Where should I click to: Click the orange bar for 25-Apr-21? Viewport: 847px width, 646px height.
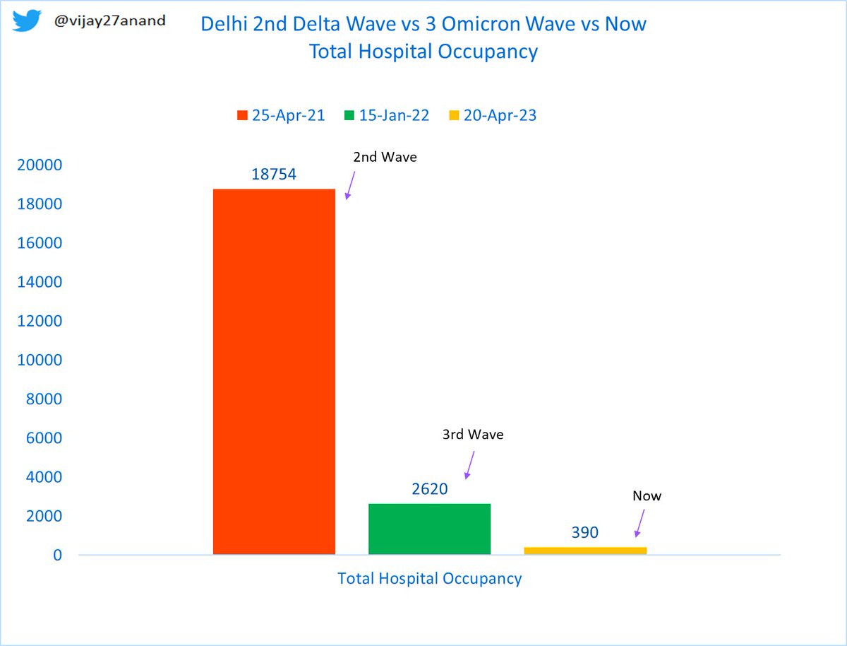[x=274, y=372]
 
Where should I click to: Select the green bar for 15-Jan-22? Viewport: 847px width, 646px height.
[x=429, y=529]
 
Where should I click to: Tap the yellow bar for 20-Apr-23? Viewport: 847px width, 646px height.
[x=585, y=551]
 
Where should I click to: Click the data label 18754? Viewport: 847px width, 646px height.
[x=274, y=175]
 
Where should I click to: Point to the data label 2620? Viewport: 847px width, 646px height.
[x=429, y=489]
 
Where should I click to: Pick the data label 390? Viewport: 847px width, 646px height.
[x=585, y=533]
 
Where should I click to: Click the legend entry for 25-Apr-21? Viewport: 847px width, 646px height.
[x=281, y=116]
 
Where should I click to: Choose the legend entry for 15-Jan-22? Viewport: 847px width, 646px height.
[x=386, y=116]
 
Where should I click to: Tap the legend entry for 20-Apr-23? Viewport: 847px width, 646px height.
[x=493, y=116]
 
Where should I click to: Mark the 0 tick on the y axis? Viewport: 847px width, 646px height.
[x=56, y=556]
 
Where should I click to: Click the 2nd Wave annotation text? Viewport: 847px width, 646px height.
[x=385, y=158]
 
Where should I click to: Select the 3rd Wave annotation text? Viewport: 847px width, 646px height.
[x=473, y=435]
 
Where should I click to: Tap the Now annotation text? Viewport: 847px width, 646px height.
[x=647, y=496]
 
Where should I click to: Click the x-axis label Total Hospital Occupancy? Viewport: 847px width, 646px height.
[x=429, y=579]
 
